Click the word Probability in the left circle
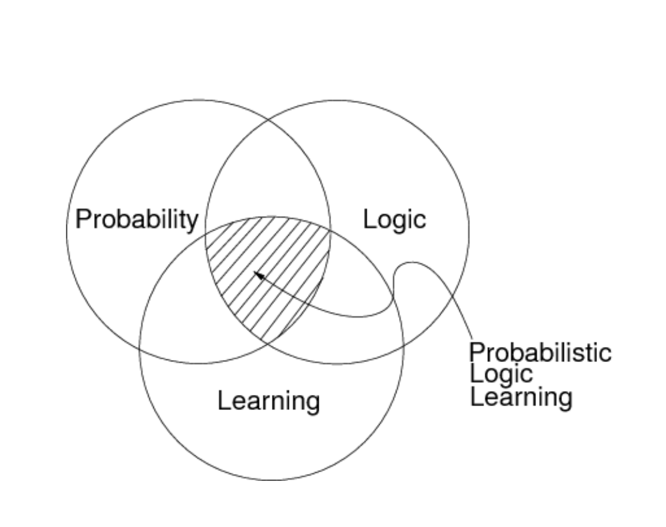tap(136, 220)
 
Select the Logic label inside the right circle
tap(395, 220)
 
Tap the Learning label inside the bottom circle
tap(268, 401)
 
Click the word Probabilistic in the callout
tap(540, 353)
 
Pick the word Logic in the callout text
tap(501, 374)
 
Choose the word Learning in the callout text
tap(520, 396)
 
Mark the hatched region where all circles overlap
tap(274, 268)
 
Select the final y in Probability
tap(192, 222)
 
